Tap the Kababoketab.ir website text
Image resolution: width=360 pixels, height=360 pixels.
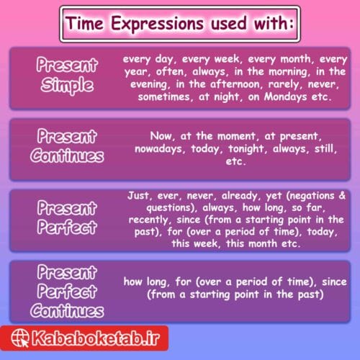109,338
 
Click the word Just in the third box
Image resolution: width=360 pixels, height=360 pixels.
139,196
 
